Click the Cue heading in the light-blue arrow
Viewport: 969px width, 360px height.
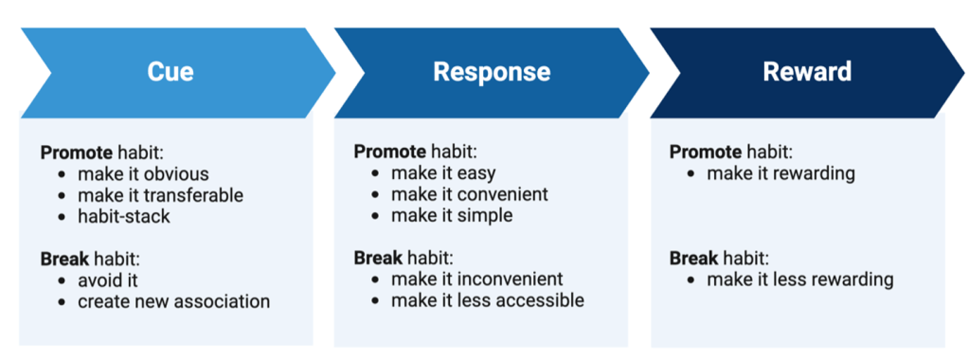pyautogui.click(x=170, y=72)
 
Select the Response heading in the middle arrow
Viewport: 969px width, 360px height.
pyautogui.click(x=492, y=72)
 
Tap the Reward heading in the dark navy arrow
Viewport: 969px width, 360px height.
pyautogui.click(x=807, y=72)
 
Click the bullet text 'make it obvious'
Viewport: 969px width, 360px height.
pyautogui.click(x=143, y=173)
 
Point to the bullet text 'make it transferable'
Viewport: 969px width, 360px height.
pyautogui.click(x=161, y=195)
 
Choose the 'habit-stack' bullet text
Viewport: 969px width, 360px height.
pyautogui.click(x=123, y=217)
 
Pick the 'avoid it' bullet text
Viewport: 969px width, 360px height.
pyautogui.click(x=108, y=280)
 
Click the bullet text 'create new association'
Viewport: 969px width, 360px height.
pyautogui.click(x=173, y=301)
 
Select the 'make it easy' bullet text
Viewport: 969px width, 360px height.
pyautogui.click(x=443, y=173)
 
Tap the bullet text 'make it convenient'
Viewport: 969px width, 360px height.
pyautogui.click(x=470, y=194)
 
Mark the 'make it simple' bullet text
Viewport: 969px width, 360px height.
pyautogui.click(x=452, y=215)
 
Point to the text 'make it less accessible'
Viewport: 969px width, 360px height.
pyautogui.click(x=488, y=300)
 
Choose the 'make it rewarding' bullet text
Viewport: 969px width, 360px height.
pyautogui.click(x=781, y=173)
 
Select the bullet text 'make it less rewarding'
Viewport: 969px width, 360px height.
pyautogui.click(x=800, y=279)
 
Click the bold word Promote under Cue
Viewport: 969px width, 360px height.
pyautogui.click(x=76, y=153)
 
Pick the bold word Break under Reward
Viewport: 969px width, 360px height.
pyautogui.click(x=692, y=258)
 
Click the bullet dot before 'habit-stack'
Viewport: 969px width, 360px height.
pyautogui.click(x=62, y=217)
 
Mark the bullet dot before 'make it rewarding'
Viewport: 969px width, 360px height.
pyautogui.click(x=691, y=173)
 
